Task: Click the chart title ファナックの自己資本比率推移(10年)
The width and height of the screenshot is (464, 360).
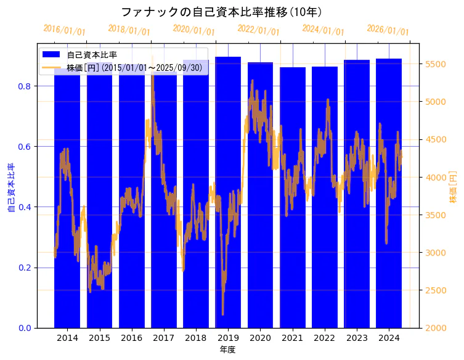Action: [x=221, y=12]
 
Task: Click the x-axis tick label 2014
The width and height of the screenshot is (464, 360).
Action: [x=67, y=338]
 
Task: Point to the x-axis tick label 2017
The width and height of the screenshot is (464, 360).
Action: [x=164, y=338]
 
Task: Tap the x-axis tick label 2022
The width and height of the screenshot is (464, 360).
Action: [x=325, y=338]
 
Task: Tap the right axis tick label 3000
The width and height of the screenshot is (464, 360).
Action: [x=436, y=253]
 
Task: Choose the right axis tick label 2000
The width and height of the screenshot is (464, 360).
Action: [x=436, y=328]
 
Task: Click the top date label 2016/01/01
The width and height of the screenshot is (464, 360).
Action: [x=65, y=30]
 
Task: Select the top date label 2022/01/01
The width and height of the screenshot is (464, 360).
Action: [x=258, y=30]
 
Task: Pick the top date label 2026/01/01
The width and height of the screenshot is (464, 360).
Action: [x=388, y=30]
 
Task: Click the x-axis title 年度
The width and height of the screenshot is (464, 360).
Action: [x=228, y=350]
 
